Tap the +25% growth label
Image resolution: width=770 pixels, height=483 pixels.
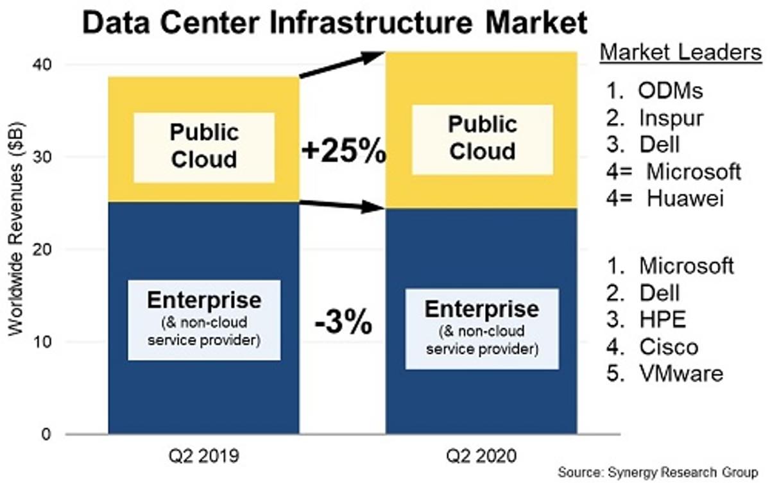[x=343, y=153]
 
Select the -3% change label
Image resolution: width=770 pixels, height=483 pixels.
[x=343, y=322]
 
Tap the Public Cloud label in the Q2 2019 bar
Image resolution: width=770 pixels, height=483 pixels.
[x=203, y=146]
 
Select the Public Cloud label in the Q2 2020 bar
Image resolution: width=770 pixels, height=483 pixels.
[x=482, y=138]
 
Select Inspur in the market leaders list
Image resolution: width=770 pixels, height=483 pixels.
[x=671, y=117]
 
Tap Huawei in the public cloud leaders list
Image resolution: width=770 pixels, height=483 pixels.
[x=685, y=198]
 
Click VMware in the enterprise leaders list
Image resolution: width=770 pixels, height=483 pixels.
[x=681, y=373]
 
